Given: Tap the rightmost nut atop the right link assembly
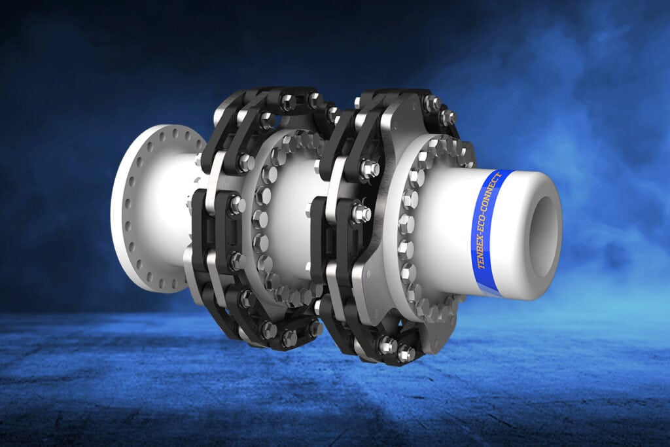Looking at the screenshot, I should pyautogui.click(x=448, y=118).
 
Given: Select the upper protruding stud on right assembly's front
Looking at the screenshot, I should pyautogui.click(x=370, y=170).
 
